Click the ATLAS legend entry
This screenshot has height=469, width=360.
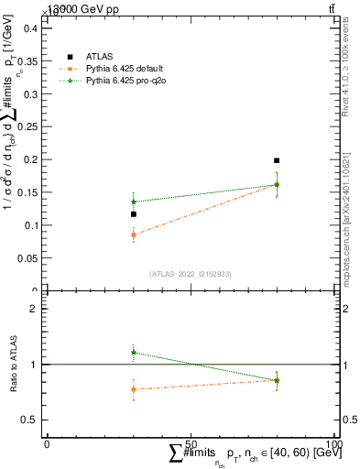99,57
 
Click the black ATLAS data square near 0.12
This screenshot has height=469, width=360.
134,214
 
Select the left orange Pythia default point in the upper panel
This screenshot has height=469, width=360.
134,234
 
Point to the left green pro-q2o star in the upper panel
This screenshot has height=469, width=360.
134,202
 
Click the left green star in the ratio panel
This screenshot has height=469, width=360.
134,352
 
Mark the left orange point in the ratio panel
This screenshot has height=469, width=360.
134,389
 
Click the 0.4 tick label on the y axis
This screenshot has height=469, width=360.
29,27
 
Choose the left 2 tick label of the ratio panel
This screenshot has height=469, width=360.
34,309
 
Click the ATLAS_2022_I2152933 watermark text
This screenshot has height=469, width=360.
191,274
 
